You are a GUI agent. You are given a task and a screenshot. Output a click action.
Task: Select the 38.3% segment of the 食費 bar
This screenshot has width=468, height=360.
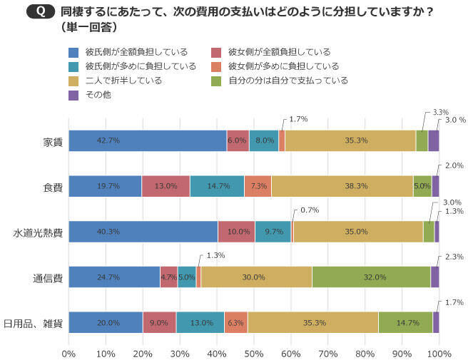coord(342,186)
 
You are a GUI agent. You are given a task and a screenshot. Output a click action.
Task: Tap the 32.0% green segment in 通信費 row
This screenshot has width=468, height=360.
coord(371,277)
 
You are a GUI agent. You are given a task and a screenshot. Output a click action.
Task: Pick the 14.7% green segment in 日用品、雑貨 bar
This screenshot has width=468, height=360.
coord(405,323)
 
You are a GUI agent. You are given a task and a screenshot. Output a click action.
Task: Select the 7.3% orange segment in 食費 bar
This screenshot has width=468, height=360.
coord(258,186)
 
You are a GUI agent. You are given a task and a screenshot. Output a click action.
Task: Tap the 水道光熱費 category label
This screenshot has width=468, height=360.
coord(39,232)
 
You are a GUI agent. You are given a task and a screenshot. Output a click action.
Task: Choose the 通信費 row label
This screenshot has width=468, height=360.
coord(48,278)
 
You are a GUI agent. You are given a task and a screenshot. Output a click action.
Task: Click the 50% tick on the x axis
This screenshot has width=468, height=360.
coord(254,353)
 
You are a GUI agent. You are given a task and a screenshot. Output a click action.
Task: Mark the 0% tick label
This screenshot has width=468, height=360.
coord(69,353)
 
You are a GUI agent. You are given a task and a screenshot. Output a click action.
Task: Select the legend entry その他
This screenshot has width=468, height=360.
coord(96,95)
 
